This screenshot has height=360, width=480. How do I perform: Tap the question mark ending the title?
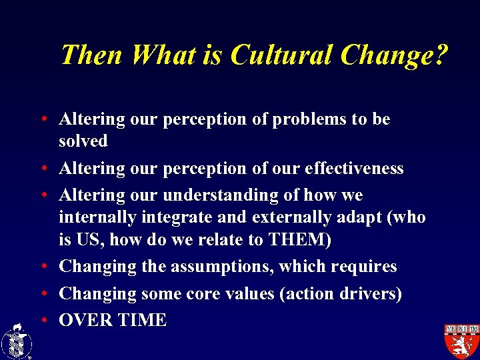pyautogui.click(x=439, y=55)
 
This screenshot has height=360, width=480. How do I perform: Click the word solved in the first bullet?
pyautogui.click(x=83, y=141)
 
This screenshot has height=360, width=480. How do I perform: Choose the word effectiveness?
pyautogui.click(x=354, y=169)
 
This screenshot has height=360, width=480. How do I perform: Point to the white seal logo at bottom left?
pyautogui.click(x=16, y=341)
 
